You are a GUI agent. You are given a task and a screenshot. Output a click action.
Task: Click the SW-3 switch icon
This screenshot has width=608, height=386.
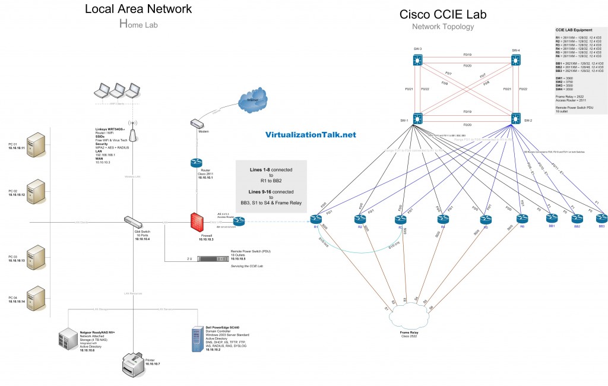tap(417, 60)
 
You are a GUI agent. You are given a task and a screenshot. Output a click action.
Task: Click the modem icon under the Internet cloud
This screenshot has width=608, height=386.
tap(197, 124)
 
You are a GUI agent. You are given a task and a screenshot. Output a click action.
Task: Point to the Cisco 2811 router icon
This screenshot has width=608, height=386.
tap(197, 163)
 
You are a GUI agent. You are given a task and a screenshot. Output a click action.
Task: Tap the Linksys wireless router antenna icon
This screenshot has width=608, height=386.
tap(132, 134)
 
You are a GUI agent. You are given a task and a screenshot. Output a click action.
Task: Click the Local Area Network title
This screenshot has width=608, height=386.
tap(138, 8)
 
